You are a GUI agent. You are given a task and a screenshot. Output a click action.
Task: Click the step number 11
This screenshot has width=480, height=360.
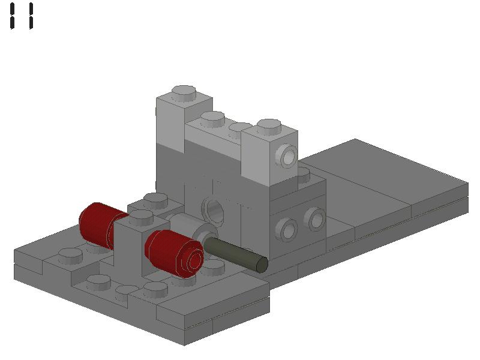pyautogui.click(x=22, y=16)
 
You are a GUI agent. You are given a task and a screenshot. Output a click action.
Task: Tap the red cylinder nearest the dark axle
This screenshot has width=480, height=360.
pyautogui.click(x=174, y=252)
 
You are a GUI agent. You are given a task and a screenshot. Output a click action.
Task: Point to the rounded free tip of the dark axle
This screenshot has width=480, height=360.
pyautogui.click(x=262, y=264)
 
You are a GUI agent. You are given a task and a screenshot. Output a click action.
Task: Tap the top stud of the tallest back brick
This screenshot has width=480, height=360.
pyautogui.click(x=184, y=93)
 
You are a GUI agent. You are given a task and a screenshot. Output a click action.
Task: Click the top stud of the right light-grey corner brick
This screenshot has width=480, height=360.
pyautogui.click(x=269, y=127)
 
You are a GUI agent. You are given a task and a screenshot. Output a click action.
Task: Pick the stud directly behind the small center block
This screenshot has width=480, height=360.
pyautogui.click(x=155, y=199)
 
